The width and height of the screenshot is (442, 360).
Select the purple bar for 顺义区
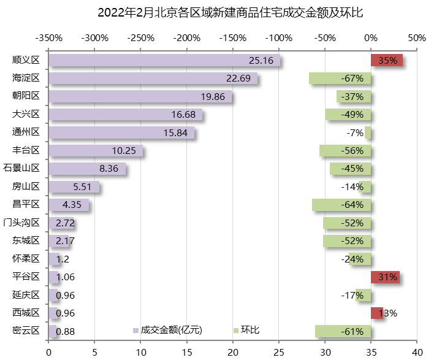(x=164, y=60)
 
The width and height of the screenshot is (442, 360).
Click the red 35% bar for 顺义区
(x=386, y=60)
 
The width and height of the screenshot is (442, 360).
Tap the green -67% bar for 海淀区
(x=340, y=79)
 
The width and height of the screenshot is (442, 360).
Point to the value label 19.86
(x=213, y=96)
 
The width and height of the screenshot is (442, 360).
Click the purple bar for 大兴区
(x=125, y=115)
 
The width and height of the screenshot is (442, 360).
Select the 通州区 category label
(x=26, y=132)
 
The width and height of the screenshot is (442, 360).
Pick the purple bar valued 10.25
(x=96, y=150)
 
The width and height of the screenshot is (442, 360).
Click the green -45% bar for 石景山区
(x=350, y=169)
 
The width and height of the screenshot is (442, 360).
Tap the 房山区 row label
(x=26, y=186)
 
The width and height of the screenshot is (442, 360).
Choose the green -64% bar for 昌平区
(x=341, y=204)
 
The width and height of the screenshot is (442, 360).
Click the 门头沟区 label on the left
(x=21, y=223)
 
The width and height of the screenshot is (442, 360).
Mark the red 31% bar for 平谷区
(x=385, y=277)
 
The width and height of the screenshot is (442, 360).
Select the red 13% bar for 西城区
(x=377, y=313)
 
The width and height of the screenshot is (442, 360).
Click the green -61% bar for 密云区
(x=343, y=331)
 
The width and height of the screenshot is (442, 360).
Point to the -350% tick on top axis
(x=49, y=38)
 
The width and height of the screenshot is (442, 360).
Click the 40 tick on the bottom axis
(x=417, y=352)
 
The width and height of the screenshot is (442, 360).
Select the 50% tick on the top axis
(x=417, y=38)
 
